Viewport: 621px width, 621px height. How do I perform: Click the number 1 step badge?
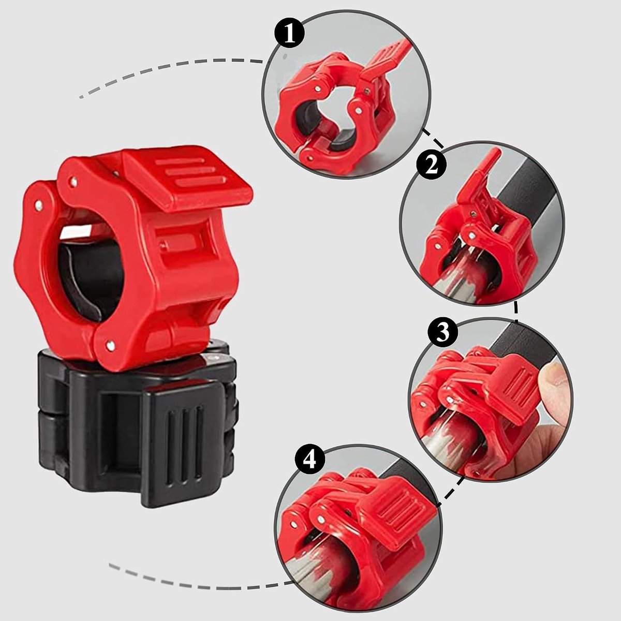(x=289, y=34)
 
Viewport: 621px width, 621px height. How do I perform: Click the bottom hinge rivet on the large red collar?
(x=111, y=346)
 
